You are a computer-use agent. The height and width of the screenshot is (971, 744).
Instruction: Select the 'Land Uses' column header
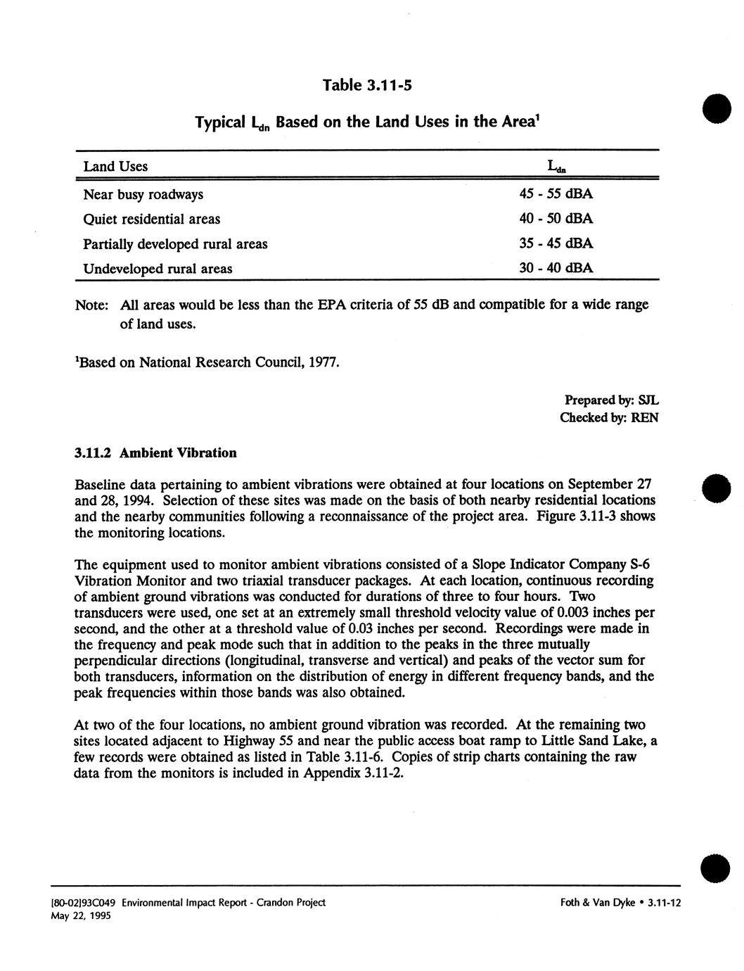[115, 167]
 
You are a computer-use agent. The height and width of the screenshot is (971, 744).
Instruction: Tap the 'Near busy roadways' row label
[143, 194]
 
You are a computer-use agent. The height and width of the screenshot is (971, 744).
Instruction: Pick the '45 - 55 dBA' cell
[556, 194]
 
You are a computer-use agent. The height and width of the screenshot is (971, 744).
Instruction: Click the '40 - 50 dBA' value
[556, 219]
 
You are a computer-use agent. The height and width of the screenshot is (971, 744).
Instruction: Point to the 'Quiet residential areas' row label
[151, 219]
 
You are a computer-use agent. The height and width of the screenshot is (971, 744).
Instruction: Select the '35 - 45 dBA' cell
[556, 243]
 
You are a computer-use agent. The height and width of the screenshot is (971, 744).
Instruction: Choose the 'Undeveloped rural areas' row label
[158, 268]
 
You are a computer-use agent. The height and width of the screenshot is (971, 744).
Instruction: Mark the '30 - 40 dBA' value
[556, 268]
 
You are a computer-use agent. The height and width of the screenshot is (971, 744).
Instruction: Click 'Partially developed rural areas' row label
[175, 243]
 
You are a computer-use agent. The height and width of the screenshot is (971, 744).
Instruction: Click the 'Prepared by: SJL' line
[611, 400]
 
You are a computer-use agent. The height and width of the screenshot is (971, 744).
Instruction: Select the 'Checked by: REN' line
[609, 417]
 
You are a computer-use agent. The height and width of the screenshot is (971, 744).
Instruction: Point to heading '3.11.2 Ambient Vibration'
[155, 452]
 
